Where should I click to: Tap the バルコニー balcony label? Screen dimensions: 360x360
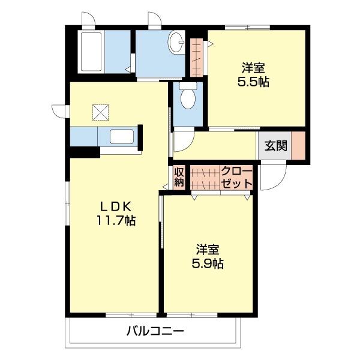tap(155, 330)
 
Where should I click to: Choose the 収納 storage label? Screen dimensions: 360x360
tap(179, 178)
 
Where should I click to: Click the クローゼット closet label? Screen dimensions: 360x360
tap(236, 178)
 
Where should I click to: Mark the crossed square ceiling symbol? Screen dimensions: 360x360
tap(99, 111)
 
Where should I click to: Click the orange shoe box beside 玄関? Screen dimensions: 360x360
tap(298, 146)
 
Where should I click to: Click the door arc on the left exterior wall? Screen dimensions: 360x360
tap(60, 112)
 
